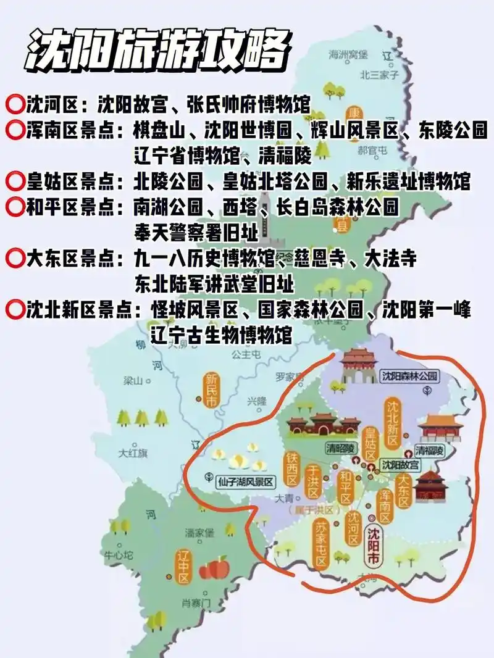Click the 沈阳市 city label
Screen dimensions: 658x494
pos(374,546)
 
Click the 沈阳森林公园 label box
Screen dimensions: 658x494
pos(409,375)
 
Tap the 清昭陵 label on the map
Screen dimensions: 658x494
pos(341,448)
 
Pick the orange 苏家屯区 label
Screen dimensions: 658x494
pos(320,543)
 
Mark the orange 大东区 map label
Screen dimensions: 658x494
pos(404,490)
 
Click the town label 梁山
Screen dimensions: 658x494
pos(133,381)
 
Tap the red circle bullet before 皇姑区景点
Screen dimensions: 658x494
pos(14,181)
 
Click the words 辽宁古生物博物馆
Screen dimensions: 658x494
pos(213,336)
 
